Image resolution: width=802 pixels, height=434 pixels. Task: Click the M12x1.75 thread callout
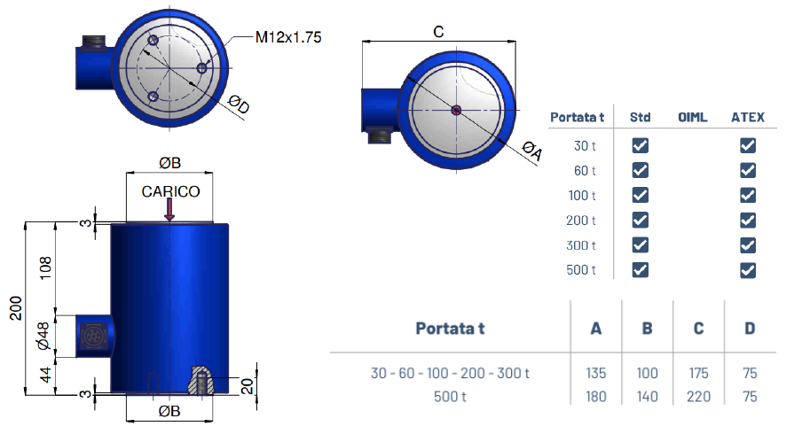click(x=288, y=37)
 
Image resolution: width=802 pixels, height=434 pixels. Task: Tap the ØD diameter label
click(x=239, y=105)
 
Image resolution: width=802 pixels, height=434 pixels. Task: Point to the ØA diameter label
click(x=531, y=151)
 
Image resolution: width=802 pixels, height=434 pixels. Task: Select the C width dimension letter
click(x=438, y=32)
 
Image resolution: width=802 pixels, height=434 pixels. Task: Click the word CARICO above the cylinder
click(x=170, y=191)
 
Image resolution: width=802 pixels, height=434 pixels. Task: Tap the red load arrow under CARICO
click(x=169, y=209)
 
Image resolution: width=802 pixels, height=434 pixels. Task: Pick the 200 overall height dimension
click(x=16, y=308)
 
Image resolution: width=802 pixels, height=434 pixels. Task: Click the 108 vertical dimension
click(x=45, y=268)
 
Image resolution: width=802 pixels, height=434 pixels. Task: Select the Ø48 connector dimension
click(x=43, y=336)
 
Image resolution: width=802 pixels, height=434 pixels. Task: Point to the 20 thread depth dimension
click(x=247, y=386)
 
